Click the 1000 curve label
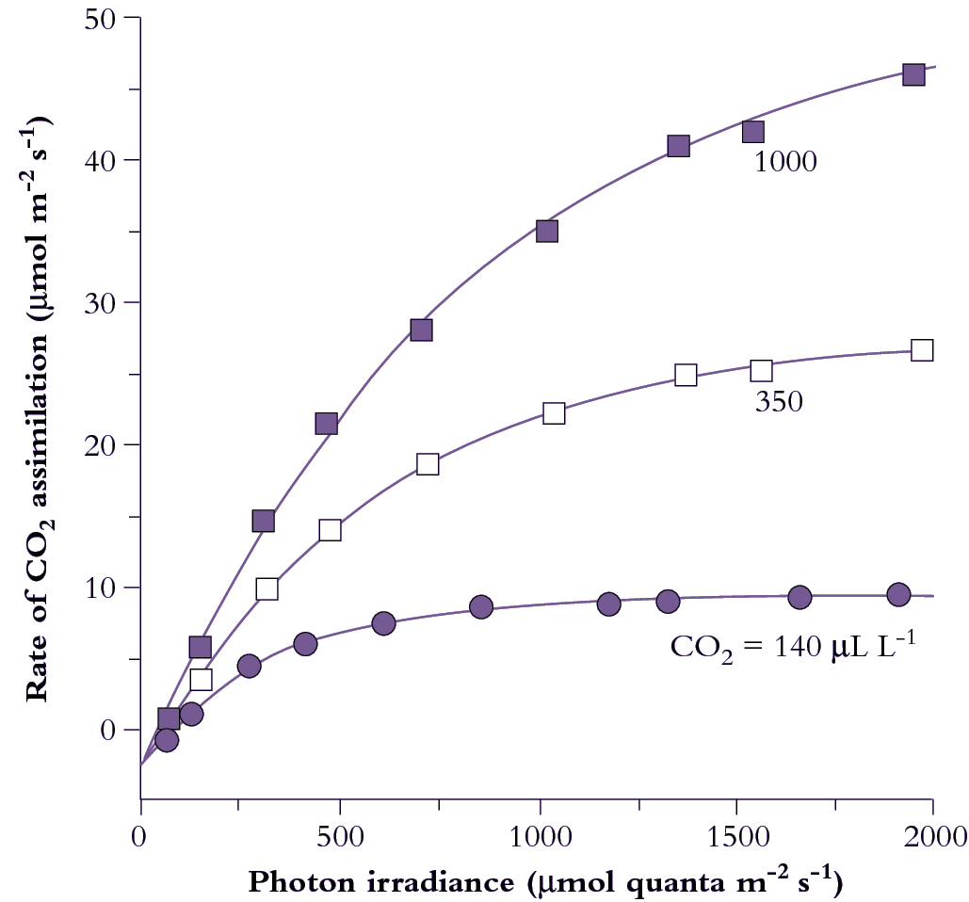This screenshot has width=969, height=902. click(785, 162)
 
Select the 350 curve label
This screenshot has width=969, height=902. click(779, 402)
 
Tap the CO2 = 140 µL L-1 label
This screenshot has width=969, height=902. click(792, 647)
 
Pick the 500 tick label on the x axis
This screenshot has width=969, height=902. click(339, 835)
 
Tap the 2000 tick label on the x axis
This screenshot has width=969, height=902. click(932, 835)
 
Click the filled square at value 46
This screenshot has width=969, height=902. click(913, 75)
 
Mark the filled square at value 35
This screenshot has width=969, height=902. click(547, 231)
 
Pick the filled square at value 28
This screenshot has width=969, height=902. click(421, 330)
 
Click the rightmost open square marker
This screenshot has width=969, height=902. click(922, 350)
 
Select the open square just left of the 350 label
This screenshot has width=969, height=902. click(761, 371)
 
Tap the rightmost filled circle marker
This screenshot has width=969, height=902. click(898, 594)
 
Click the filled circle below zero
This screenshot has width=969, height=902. click(167, 740)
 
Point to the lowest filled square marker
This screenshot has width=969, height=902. click(169, 719)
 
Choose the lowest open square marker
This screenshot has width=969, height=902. click(201, 679)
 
